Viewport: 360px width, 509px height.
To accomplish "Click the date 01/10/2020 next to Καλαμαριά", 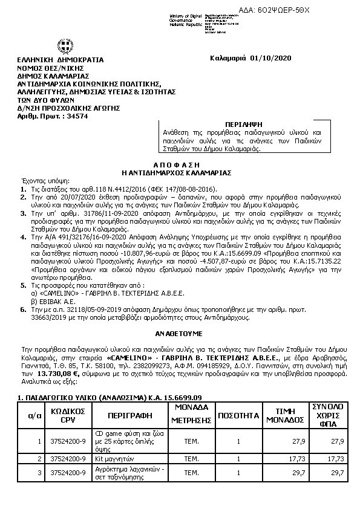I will [275, 58].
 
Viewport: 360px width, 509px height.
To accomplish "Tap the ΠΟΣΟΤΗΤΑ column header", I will [239, 417].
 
